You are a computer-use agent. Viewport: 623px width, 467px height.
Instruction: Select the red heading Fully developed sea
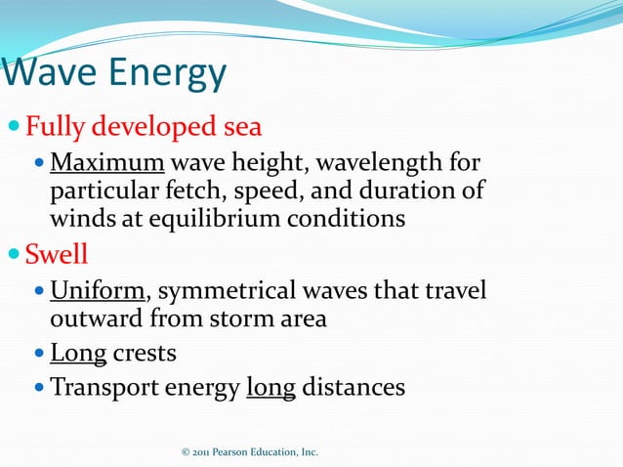144,127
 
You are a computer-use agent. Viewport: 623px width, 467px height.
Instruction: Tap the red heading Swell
57,256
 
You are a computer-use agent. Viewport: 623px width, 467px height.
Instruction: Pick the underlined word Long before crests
78,353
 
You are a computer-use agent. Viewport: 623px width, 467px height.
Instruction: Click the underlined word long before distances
270,387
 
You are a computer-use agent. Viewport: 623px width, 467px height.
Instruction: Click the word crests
145,353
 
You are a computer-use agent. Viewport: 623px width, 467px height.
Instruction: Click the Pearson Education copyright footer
250,452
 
